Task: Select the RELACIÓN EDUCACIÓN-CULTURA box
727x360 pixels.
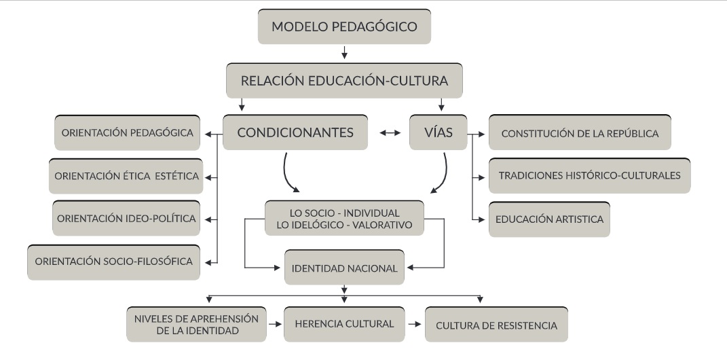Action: click(x=344, y=81)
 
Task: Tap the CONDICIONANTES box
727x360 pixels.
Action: click(x=295, y=132)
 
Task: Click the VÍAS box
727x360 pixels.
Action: click(x=439, y=132)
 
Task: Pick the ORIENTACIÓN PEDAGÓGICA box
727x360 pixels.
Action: click(x=128, y=132)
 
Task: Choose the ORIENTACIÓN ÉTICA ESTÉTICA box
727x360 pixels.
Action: click(x=125, y=177)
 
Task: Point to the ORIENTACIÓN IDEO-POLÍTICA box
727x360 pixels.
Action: click(x=126, y=219)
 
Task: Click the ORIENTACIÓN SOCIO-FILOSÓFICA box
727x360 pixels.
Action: click(x=115, y=261)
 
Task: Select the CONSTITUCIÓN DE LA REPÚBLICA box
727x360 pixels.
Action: click(x=580, y=133)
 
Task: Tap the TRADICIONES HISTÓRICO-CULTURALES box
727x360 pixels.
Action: click(x=589, y=175)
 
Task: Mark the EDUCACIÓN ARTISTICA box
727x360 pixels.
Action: click(x=549, y=219)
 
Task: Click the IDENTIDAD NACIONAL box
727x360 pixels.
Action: click(x=344, y=268)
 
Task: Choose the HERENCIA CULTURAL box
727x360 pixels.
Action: click(x=344, y=324)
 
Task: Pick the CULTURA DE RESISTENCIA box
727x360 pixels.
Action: click(x=496, y=325)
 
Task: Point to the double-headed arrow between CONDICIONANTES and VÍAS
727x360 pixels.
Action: click(x=389, y=133)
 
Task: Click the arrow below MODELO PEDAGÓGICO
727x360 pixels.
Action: click(x=344, y=53)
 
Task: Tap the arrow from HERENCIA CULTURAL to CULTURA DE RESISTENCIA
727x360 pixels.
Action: click(x=414, y=325)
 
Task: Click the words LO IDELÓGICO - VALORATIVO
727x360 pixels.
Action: click(x=343, y=225)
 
